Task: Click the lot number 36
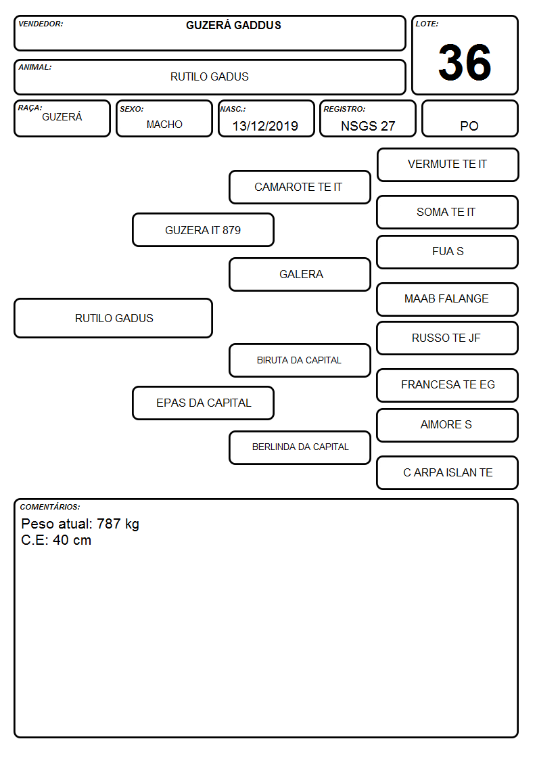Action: pos(465,62)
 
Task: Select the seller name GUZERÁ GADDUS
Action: pos(233,25)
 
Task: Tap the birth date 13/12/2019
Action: pos(265,126)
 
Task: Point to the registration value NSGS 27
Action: pos(368,126)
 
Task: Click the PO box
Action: pos(469,118)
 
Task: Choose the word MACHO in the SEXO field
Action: pos(164,125)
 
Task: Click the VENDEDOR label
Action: pos(41,24)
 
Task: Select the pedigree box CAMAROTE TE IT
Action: pos(300,187)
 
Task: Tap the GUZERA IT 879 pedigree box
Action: pos(204,230)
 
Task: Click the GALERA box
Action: pos(300,274)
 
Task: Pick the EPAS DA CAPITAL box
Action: pos(204,403)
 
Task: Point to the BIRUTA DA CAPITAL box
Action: pos(300,360)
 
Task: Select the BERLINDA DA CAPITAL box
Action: pos(300,447)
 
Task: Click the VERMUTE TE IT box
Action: pos(448,165)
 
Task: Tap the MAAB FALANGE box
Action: pos(448,299)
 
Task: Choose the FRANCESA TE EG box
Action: pos(448,385)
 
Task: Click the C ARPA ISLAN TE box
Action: pos(448,472)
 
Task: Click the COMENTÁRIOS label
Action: pos(50,507)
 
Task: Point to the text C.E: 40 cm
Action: pos(56,540)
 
